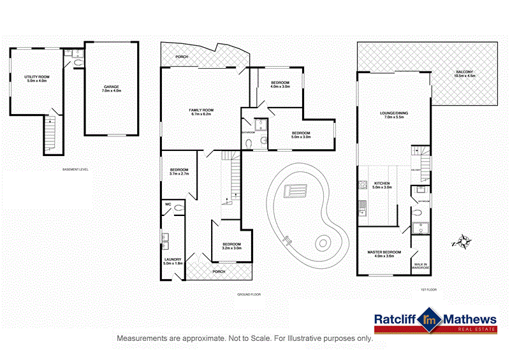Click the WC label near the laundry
(x=168, y=205)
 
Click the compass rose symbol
(x=464, y=242)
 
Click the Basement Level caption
(x=75, y=169)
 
